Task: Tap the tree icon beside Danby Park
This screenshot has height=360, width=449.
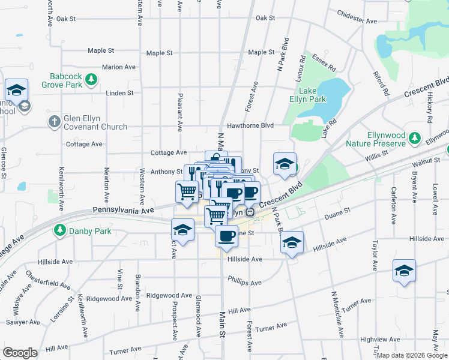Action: [x=59, y=230]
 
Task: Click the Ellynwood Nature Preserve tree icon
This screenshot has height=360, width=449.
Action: [x=414, y=139]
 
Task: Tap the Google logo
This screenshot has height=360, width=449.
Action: [x=20, y=353]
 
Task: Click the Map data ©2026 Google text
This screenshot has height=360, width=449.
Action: [x=412, y=355]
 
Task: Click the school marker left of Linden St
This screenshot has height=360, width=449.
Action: [x=16, y=90]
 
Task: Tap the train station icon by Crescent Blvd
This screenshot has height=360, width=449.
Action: [x=252, y=212]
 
